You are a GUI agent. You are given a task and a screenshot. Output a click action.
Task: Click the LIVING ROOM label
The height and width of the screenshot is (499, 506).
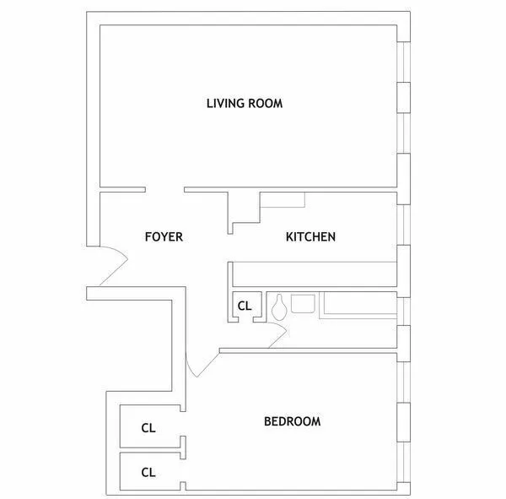tap(244, 104)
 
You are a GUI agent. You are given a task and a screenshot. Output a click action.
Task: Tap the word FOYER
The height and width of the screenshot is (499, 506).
tap(164, 237)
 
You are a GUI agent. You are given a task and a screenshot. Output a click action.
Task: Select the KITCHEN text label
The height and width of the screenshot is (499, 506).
tap(310, 237)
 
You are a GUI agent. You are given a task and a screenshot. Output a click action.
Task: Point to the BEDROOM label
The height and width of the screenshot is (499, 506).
tap(292, 421)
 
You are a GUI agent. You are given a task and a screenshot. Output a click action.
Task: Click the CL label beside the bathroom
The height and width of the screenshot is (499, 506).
tap(245, 306)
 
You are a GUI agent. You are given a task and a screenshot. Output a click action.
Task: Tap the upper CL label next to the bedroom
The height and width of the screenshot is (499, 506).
tap(148, 428)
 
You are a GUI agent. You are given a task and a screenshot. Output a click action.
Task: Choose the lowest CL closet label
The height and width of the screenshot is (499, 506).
tap(148, 472)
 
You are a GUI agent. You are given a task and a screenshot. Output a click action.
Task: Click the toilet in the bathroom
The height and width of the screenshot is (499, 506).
tap(278, 306)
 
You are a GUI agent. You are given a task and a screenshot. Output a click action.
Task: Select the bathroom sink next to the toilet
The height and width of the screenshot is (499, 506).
tap(302, 302)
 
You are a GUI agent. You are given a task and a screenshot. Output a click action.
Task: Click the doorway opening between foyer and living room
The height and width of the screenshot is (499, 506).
tap(164, 189)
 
